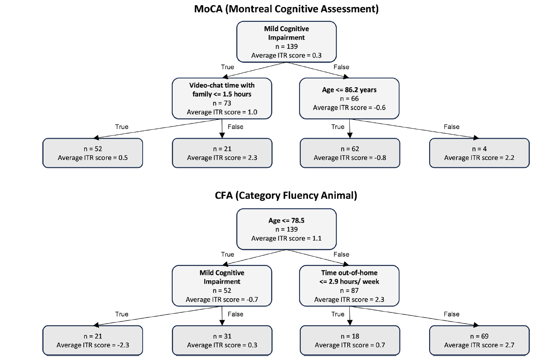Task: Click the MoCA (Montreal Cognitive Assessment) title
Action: (286, 9)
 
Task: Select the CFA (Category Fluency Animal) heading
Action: (286, 195)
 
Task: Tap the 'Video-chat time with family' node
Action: (222, 98)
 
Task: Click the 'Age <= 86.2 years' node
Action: (349, 98)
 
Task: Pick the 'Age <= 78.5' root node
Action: (287, 229)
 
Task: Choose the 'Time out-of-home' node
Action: (349, 286)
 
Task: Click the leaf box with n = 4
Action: (479, 153)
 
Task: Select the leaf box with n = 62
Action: (350, 153)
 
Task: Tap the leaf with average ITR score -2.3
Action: (93, 340)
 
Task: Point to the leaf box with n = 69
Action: (479, 340)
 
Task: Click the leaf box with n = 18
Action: (350, 340)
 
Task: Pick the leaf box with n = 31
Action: (222, 340)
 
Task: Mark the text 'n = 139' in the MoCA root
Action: (287, 47)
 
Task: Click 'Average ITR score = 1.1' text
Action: (287, 238)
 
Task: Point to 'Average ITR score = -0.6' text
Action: (349, 108)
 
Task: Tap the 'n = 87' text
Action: (349, 291)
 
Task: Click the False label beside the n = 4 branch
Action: (451, 127)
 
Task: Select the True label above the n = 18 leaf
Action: (338, 314)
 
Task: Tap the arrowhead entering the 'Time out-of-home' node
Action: (346, 264)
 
